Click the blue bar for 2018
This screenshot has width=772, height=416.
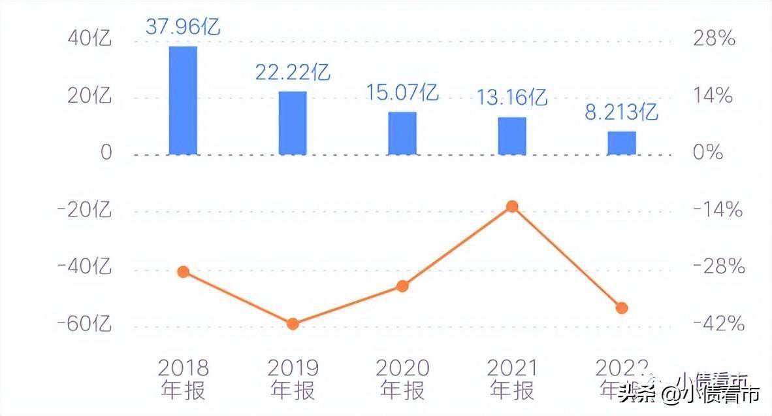click(x=183, y=100)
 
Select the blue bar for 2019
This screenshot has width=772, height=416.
click(x=293, y=123)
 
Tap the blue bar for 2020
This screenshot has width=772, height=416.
click(x=402, y=133)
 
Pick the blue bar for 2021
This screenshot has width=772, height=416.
click(x=512, y=136)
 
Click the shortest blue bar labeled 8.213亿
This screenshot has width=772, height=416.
click(x=622, y=143)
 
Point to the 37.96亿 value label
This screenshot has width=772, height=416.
click(x=183, y=27)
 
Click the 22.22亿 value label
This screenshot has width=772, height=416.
click(x=293, y=72)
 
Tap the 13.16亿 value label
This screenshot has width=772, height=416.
click(x=512, y=97)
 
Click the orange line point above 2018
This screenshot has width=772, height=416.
click(x=184, y=272)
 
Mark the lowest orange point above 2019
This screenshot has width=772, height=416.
click(x=293, y=324)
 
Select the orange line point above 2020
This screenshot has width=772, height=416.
click(x=402, y=286)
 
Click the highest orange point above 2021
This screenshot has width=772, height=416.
click(x=512, y=207)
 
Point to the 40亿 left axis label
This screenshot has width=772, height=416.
click(x=90, y=39)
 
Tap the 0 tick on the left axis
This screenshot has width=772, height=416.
click(x=106, y=153)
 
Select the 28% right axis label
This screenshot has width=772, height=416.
click(x=714, y=39)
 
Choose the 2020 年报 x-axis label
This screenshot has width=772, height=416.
click(x=402, y=379)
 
